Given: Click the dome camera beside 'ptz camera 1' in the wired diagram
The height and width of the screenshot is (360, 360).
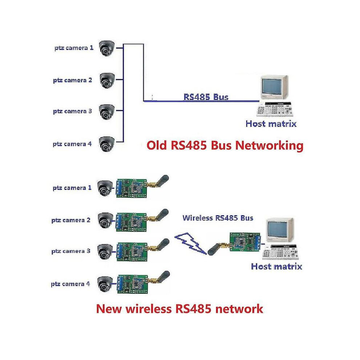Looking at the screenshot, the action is coord(107,48).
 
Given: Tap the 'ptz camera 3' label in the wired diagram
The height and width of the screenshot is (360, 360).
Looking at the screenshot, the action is coord(72,111).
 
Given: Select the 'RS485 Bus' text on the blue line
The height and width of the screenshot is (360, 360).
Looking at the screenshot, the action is coord(206,97).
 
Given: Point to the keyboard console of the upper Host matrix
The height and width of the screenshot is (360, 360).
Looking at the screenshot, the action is coord(274,109).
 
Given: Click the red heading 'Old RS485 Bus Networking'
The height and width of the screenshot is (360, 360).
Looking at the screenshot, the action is coord(225,145).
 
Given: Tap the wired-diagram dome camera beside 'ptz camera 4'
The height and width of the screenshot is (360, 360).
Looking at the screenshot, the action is coord(107,144).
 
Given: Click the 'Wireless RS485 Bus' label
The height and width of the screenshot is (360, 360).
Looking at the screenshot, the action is coord(218,218).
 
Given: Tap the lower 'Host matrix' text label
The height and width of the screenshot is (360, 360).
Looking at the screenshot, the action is coord(276,267).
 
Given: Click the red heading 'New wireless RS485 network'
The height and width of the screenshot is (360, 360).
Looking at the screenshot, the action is coord(180,309).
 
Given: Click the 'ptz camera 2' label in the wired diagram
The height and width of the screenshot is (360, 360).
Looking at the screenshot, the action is coord(73,80).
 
